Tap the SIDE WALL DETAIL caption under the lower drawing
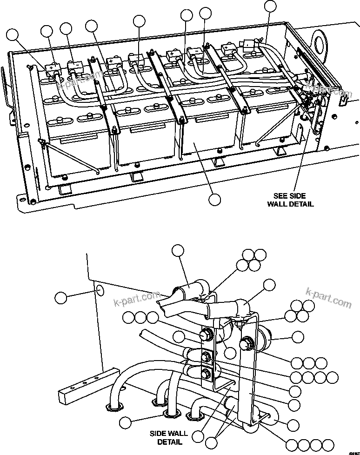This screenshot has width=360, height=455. click(166, 437)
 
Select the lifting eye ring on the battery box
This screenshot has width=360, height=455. click(319, 39)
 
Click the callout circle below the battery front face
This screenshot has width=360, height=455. click(214, 199)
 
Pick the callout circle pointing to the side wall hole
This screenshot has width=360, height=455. click(61, 297)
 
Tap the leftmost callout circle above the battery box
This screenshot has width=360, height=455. click(14, 35)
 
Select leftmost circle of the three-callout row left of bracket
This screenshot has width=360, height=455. click(129, 318)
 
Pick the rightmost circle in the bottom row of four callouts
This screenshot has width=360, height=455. click(328, 444)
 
